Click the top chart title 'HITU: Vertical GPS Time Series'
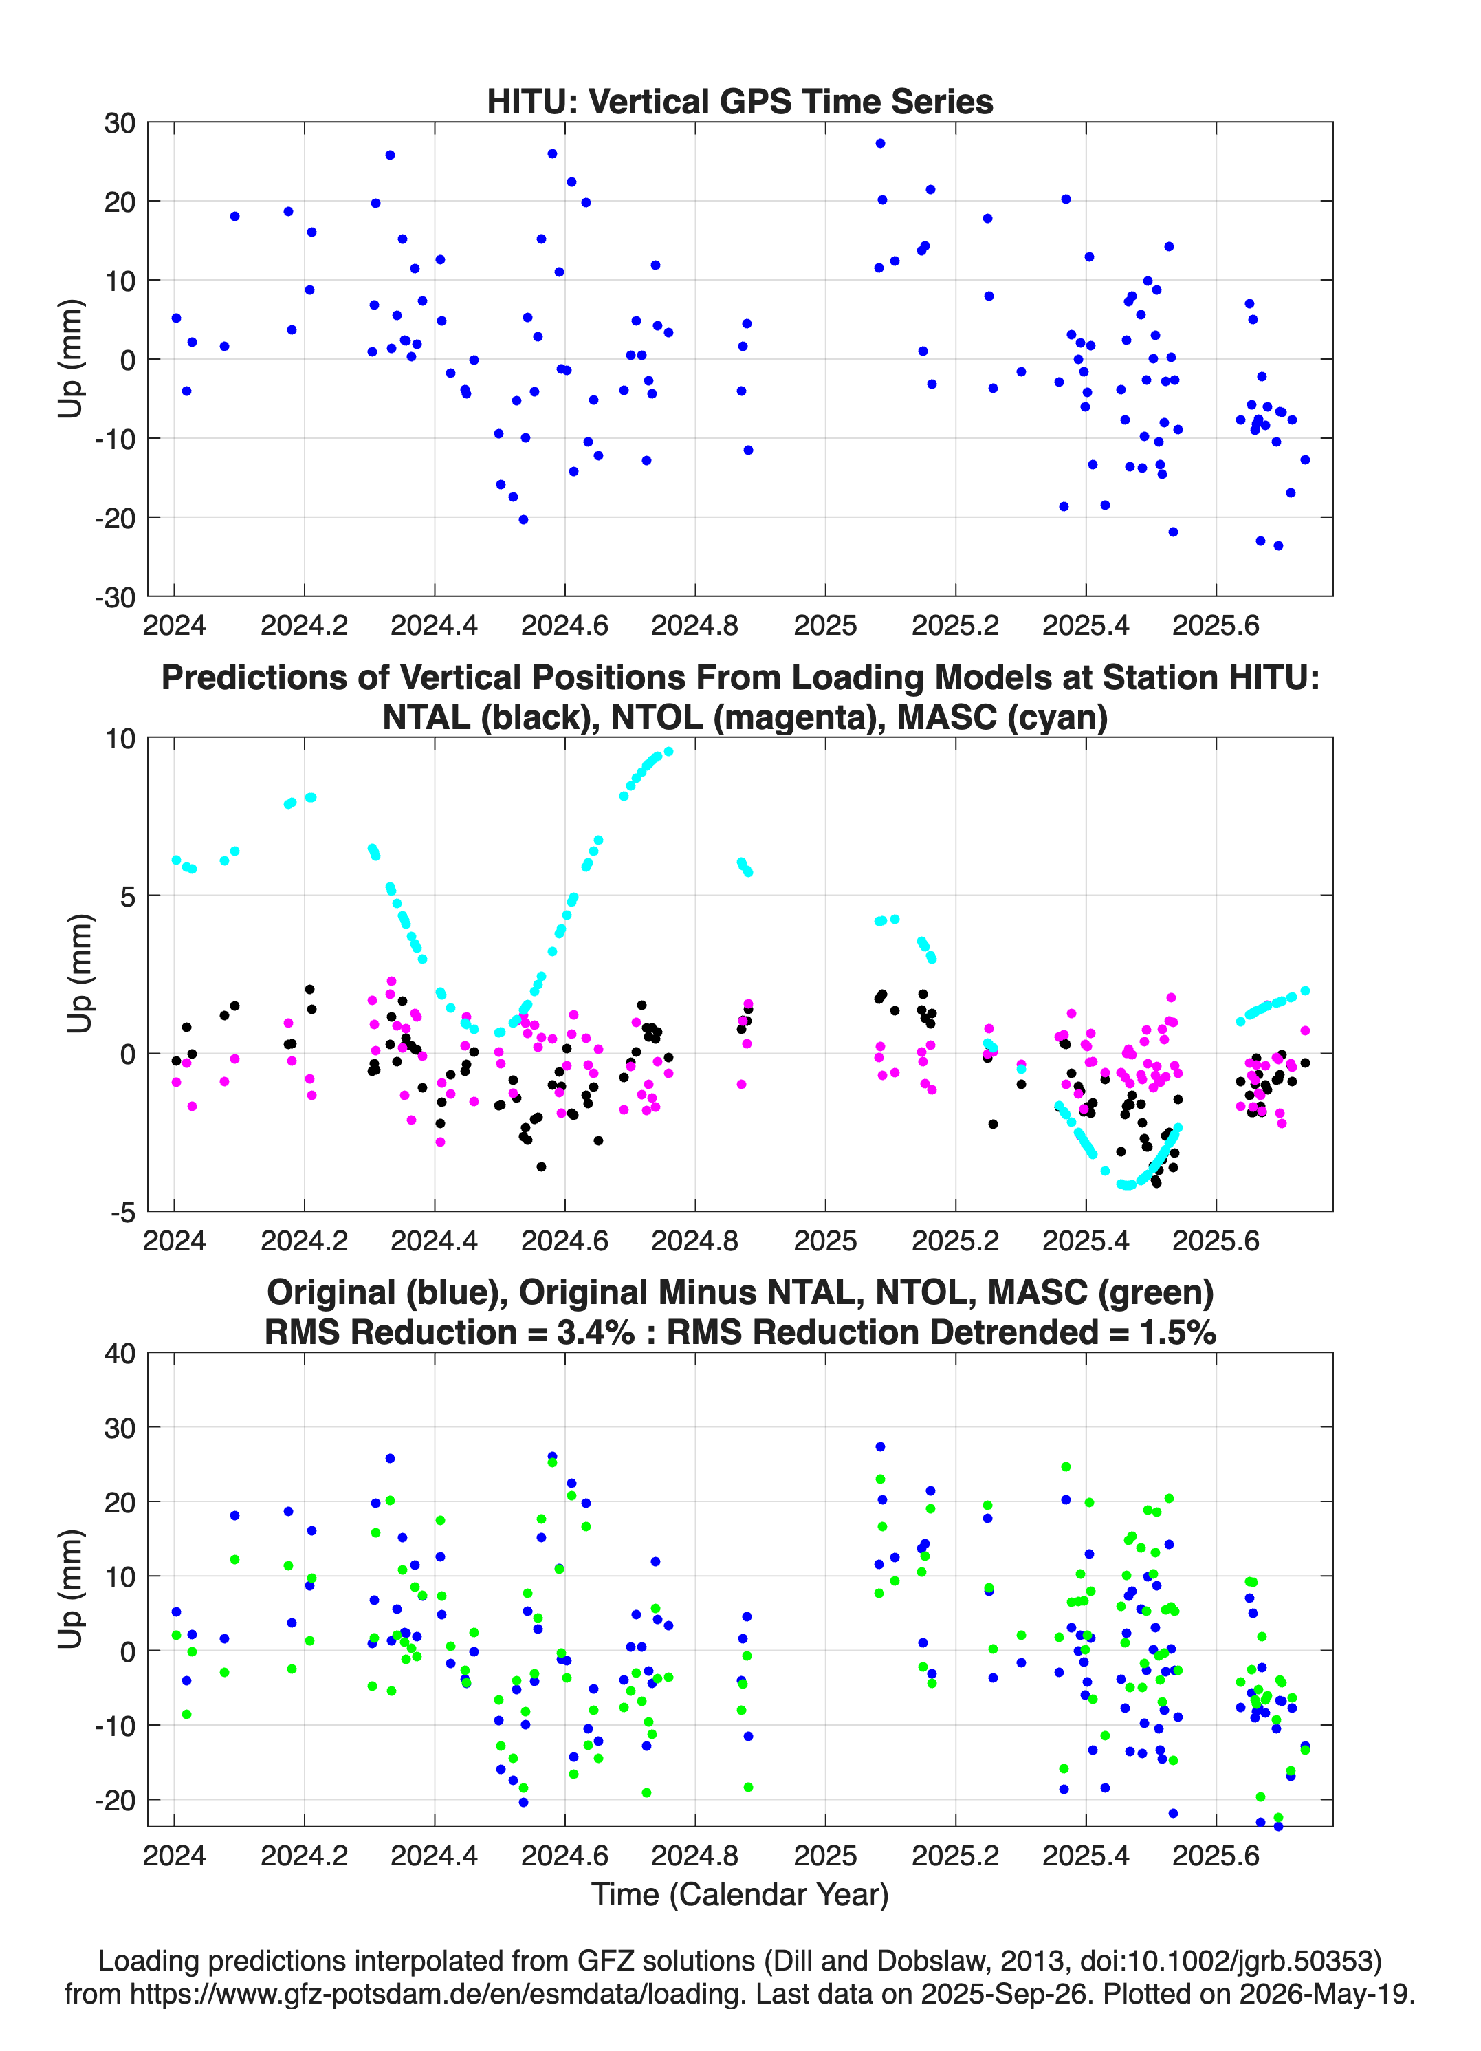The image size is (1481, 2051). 740,101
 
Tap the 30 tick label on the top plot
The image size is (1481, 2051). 120,123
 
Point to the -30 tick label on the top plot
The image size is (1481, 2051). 115,597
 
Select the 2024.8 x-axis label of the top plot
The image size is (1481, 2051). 694,625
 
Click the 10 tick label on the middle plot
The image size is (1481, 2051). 120,739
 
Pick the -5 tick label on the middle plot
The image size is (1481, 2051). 124,1213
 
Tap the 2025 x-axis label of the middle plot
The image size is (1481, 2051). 824,1241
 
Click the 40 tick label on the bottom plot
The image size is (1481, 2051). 120,1354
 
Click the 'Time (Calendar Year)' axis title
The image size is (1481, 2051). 740,1895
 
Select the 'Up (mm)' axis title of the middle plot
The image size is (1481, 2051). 80,974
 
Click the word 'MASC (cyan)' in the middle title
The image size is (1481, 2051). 1002,717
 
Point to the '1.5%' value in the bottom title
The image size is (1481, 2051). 1176,1332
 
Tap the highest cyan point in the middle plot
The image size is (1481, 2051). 668,750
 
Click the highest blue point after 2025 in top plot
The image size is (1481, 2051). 880,143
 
